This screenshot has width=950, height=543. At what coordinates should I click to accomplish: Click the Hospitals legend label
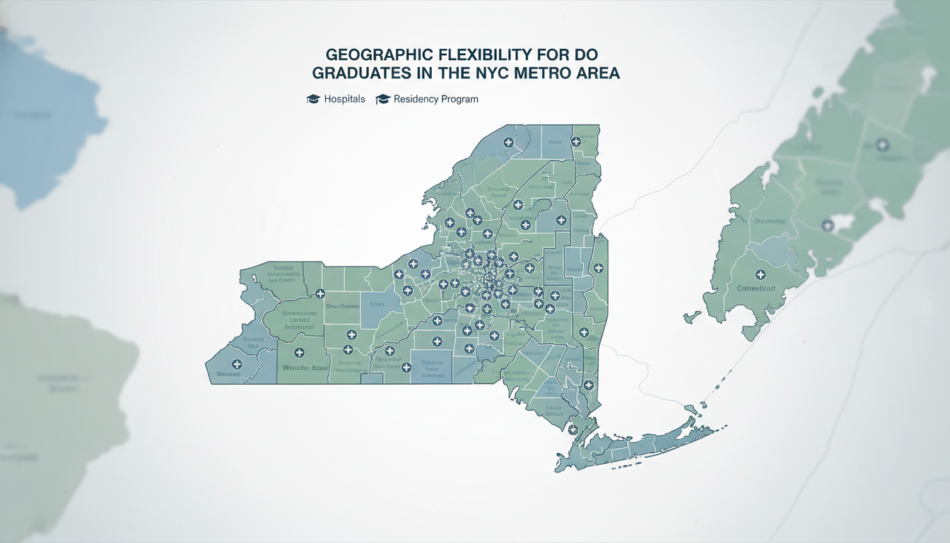(x=344, y=99)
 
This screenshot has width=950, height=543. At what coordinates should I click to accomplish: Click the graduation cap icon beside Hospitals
(x=313, y=99)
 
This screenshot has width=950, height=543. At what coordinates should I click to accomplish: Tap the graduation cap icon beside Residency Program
(x=383, y=99)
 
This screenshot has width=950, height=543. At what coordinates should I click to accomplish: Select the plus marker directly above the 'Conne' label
(x=761, y=274)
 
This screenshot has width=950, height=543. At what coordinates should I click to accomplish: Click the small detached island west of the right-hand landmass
(x=693, y=316)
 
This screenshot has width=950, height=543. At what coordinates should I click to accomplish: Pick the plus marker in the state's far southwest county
(x=237, y=364)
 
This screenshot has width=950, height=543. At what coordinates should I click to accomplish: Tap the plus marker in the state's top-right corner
(x=576, y=141)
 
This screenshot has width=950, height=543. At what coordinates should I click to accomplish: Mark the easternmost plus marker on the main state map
(x=599, y=268)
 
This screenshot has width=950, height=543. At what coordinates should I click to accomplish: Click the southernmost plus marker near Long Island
(x=573, y=428)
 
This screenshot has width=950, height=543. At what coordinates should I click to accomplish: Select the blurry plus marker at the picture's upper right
(x=881, y=145)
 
